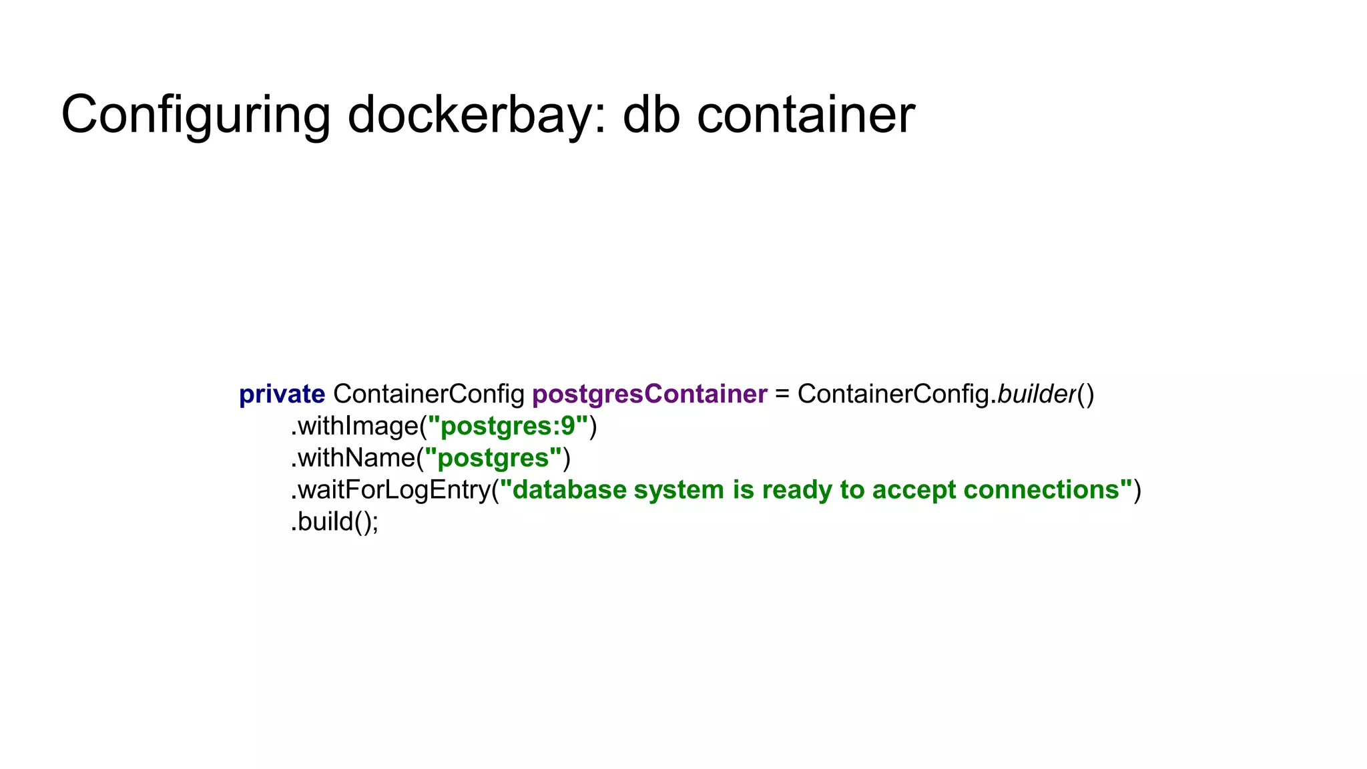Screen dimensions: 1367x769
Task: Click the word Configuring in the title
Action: click(x=196, y=115)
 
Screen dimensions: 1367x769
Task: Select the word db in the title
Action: click(x=651, y=115)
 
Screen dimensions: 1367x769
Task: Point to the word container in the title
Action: click(x=806, y=115)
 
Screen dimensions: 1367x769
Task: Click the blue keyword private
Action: click(x=282, y=395)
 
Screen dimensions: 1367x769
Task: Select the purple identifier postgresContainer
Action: click(x=649, y=395)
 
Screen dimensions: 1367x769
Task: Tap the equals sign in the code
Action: click(x=782, y=395)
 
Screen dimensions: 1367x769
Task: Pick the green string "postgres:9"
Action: click(x=508, y=426)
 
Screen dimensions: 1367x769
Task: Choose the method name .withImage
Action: click(x=354, y=426)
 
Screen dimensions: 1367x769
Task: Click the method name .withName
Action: click(x=353, y=458)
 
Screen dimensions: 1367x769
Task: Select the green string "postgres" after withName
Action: click(x=493, y=458)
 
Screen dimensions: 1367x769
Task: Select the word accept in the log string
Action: click(x=914, y=490)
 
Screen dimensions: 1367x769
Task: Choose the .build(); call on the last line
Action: click(x=334, y=522)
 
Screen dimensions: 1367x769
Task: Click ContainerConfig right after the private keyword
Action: click(x=429, y=395)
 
